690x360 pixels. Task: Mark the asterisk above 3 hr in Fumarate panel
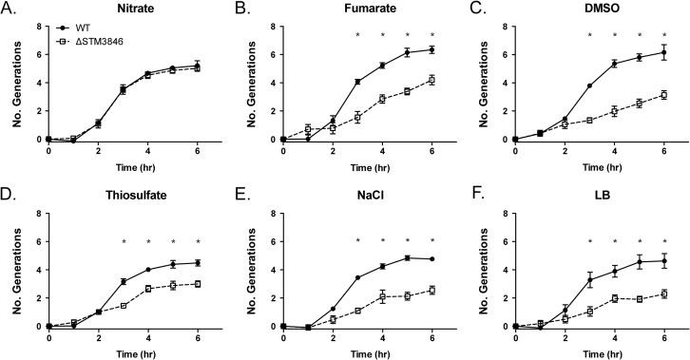coord(357,37)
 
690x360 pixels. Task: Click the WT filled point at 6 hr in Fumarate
coord(431,49)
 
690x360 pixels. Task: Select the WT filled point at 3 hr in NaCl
coord(357,277)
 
